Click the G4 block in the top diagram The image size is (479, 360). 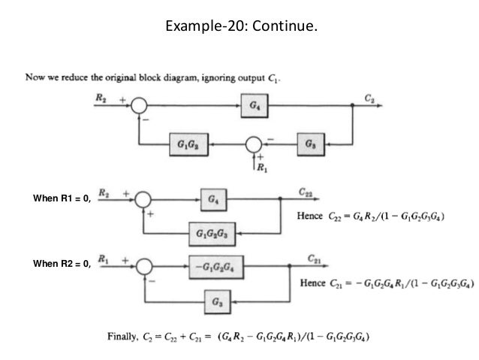pos(255,105)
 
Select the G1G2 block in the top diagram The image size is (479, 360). pos(189,144)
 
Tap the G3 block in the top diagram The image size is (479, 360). pos(311,144)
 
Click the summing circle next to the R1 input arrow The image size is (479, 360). pos(254,144)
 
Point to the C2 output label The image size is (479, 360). pos(369,98)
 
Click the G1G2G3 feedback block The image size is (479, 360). pos(212,234)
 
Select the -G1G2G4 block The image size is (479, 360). pos(216,268)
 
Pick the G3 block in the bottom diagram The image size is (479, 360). pos(217,302)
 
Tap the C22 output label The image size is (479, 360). pos(306,192)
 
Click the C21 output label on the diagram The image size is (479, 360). pos(315,259)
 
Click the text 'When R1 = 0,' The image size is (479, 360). pos(62,198)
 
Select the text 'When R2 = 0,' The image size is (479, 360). pos(62,263)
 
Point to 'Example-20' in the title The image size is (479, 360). pos(203,26)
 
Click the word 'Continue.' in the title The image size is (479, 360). pos(285,26)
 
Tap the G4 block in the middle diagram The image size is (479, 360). pos(213,200)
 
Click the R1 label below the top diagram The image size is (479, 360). pos(262,168)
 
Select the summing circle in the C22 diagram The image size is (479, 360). pos(143,199)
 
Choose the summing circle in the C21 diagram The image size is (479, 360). pos(144,266)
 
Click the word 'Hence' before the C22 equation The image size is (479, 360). pos(309,216)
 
